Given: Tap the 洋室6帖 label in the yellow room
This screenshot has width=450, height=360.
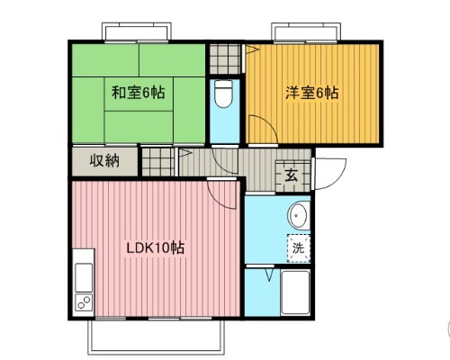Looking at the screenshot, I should tap(312, 92).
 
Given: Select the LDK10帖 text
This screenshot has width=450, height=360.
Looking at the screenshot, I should tap(155, 247).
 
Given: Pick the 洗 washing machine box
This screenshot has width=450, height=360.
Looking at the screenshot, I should tap(296, 247).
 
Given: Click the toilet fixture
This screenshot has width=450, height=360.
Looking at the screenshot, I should tap(224, 94).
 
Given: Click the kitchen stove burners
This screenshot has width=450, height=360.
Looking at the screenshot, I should tap(83, 301).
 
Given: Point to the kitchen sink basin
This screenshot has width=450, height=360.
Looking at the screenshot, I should tap(82, 275).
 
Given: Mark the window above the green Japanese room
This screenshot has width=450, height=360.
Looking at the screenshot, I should tap(138, 32).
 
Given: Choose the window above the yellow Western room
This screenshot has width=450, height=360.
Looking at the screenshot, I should tap(306, 33).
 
